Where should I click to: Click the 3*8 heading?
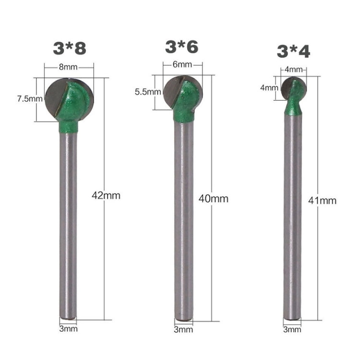click(70, 48)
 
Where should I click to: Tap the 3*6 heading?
click(181, 47)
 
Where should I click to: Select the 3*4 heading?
click(293, 51)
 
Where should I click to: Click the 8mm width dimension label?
click(68, 67)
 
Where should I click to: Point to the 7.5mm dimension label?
click(30, 99)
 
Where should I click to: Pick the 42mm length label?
click(106, 196)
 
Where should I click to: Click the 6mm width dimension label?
click(182, 64)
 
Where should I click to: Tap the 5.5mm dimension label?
click(148, 92)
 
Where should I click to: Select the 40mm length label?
click(214, 199)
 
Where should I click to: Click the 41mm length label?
click(323, 201)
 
